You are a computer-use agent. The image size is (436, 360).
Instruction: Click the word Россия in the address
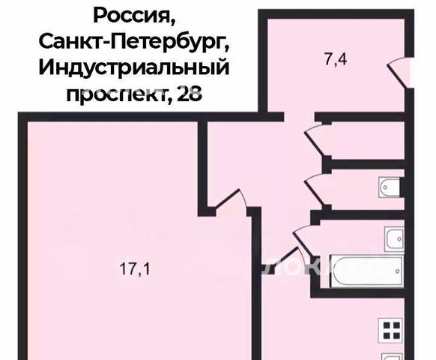coord(134,16)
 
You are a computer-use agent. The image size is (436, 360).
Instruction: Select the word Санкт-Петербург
coord(134,42)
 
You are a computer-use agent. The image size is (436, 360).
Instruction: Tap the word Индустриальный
coord(134,67)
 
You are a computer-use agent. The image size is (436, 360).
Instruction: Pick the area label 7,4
coord(336,60)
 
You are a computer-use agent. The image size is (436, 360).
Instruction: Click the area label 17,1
coord(135,269)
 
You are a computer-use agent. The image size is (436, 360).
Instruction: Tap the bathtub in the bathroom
coord(367,271)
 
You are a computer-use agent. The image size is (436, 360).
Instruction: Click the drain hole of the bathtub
coord(398,271)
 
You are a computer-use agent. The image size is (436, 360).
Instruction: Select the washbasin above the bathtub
coord(394,239)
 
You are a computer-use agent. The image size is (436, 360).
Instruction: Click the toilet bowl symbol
coord(390,187)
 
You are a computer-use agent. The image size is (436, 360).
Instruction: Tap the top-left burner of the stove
coord(387,325)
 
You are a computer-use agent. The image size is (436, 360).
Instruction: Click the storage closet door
coord(315,141)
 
